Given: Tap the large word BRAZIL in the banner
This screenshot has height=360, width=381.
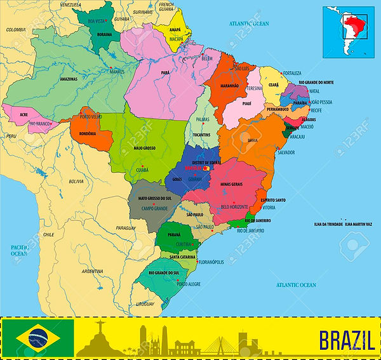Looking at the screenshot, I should [x=346, y=340].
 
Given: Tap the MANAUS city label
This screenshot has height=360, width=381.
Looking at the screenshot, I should [x=116, y=72].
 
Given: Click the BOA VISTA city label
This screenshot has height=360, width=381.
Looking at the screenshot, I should [x=97, y=22].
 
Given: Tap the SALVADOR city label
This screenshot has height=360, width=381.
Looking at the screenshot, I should [x=286, y=152].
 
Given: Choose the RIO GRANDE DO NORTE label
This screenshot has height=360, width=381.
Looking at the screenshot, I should [x=330, y=83].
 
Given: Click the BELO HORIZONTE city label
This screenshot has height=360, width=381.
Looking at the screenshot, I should [x=234, y=207].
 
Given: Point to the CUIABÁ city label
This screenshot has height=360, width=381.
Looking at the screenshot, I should [x=142, y=170].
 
